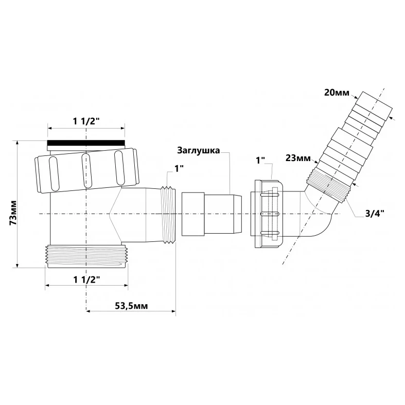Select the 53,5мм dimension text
[131, 306]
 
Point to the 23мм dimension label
[298, 158]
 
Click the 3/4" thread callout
[374, 214]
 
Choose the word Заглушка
[198, 150]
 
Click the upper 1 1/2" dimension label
[86, 121]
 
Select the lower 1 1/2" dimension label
[86, 279]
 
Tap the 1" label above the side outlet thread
[179, 169]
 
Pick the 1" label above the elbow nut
[260, 160]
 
